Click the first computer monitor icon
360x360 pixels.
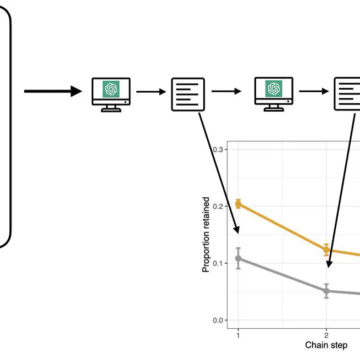coord(111,94)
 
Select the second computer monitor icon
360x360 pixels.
coord(273,94)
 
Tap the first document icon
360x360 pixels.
coord(188,94)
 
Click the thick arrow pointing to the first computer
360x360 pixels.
coord(53,91)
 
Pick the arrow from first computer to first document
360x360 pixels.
coord(151,92)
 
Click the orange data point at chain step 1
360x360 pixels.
coord(238,204)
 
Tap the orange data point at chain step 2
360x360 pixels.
coord(326,250)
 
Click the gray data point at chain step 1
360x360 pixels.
coord(238,258)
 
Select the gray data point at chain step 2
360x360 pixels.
coord(326,291)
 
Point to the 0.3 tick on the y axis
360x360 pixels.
coord(218,149)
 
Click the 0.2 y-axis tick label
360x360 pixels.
coord(218,207)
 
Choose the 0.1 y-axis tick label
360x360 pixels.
coord(218,263)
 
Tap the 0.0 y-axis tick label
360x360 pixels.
coord(218,320)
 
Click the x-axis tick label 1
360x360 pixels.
coord(238,334)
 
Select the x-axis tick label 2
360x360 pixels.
coord(326,334)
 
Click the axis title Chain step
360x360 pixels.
coord(326,345)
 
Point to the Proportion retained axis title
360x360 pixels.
coord(206,235)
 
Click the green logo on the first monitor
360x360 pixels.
coord(111,88)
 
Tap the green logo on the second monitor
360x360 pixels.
coord(273,88)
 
